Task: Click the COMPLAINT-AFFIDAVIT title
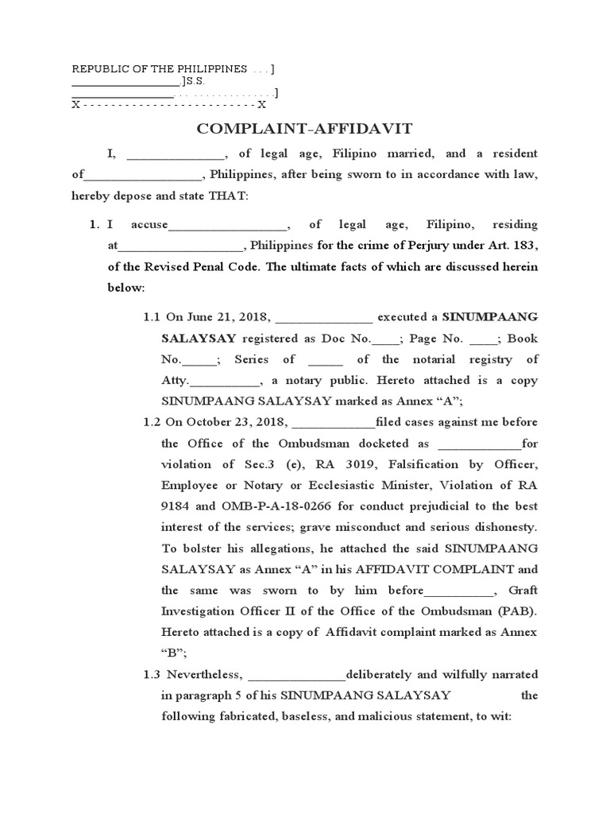[305, 129]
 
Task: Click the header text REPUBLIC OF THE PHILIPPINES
[160, 69]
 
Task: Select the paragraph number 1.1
[152, 317]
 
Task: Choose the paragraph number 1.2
[152, 422]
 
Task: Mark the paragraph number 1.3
[152, 675]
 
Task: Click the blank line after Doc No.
[386, 339]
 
